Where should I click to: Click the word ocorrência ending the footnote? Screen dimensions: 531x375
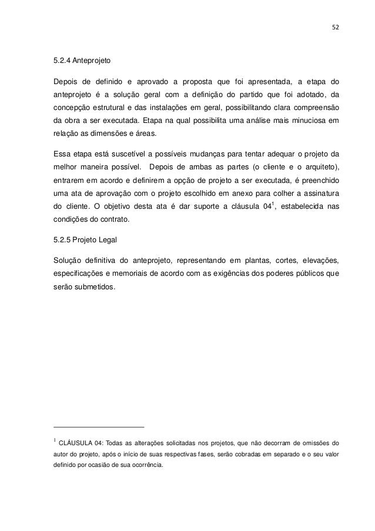tap(148, 465)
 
